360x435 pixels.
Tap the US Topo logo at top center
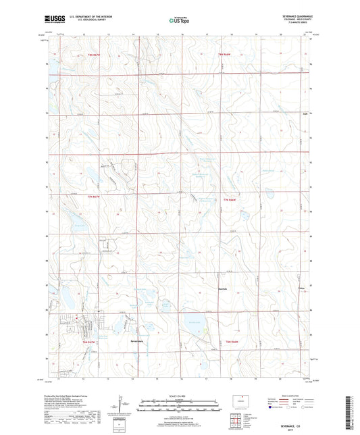click(179, 20)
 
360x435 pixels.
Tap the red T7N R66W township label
click(230, 201)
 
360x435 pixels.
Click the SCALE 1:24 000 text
click(179, 395)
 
